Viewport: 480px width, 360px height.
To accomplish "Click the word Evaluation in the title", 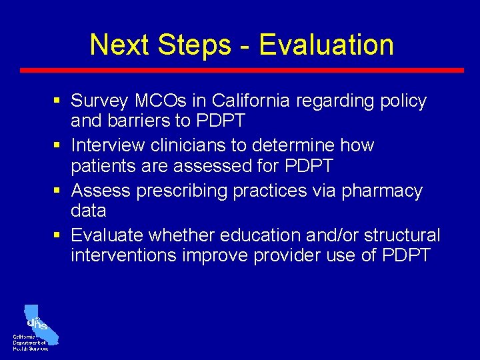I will click(326, 45).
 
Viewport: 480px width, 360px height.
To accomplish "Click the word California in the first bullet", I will click(251, 101).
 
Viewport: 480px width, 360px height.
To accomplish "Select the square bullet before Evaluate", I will click(59, 235).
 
